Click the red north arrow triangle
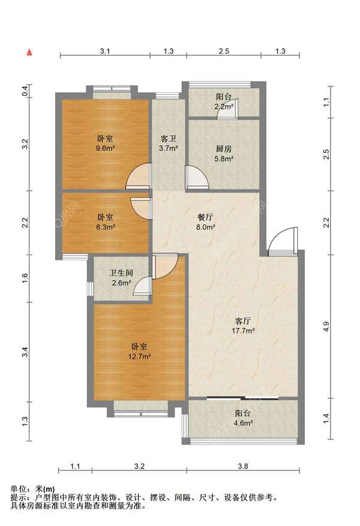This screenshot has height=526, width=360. [x=29, y=52]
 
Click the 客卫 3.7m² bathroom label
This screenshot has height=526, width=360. [x=169, y=143]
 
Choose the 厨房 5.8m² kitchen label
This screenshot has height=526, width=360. [x=224, y=154]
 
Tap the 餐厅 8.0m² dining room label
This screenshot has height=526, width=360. [x=205, y=222]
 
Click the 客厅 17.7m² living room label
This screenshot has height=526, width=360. [x=243, y=326]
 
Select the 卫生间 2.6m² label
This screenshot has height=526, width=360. [x=121, y=278]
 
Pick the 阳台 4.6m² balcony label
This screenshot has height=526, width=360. [x=243, y=418]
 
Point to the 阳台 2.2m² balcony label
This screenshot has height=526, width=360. [x=224, y=101]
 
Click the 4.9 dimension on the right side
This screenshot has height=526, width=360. [x=326, y=327]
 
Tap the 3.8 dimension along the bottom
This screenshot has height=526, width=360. [x=243, y=466]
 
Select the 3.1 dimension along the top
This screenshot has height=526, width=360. [x=105, y=51]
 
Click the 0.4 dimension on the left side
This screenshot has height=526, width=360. [x=25, y=91]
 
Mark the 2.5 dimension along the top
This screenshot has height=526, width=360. [x=224, y=51]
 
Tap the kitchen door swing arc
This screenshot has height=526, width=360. [x=198, y=176]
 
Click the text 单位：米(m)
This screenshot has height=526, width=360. [x=32, y=489]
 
